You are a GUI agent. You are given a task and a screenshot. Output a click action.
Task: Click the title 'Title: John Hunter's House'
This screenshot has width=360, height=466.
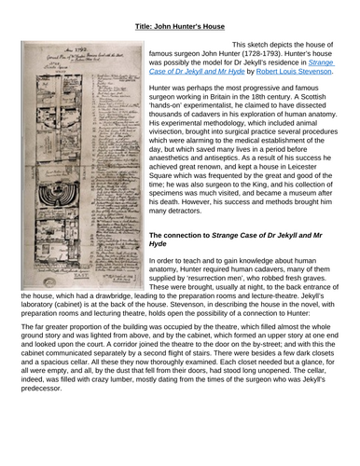coord(181,13)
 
